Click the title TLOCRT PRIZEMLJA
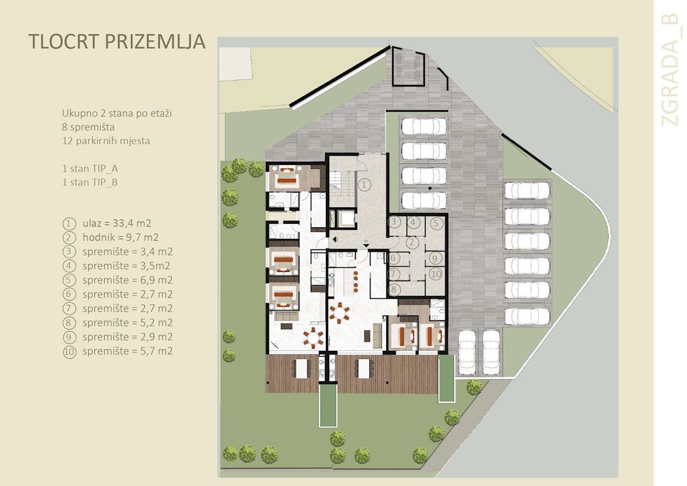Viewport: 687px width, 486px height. (116, 42)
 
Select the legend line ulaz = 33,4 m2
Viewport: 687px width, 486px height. (117, 223)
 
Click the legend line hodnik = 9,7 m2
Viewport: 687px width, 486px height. (120, 238)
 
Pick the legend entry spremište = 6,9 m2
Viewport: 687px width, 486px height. (127, 280)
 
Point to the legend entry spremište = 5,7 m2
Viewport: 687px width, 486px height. (127, 351)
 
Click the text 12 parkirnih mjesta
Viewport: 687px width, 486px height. (106, 140)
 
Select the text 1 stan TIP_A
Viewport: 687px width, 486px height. (90, 169)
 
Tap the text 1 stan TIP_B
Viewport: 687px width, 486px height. (90, 183)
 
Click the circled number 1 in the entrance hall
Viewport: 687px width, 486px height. (365, 184)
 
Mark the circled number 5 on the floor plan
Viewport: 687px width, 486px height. (435, 223)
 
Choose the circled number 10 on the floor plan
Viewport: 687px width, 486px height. (435, 274)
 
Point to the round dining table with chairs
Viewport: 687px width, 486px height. (342, 313)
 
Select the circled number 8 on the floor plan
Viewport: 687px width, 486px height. (393, 290)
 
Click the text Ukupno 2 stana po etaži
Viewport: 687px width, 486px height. (117, 113)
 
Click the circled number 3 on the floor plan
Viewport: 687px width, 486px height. (393, 222)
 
